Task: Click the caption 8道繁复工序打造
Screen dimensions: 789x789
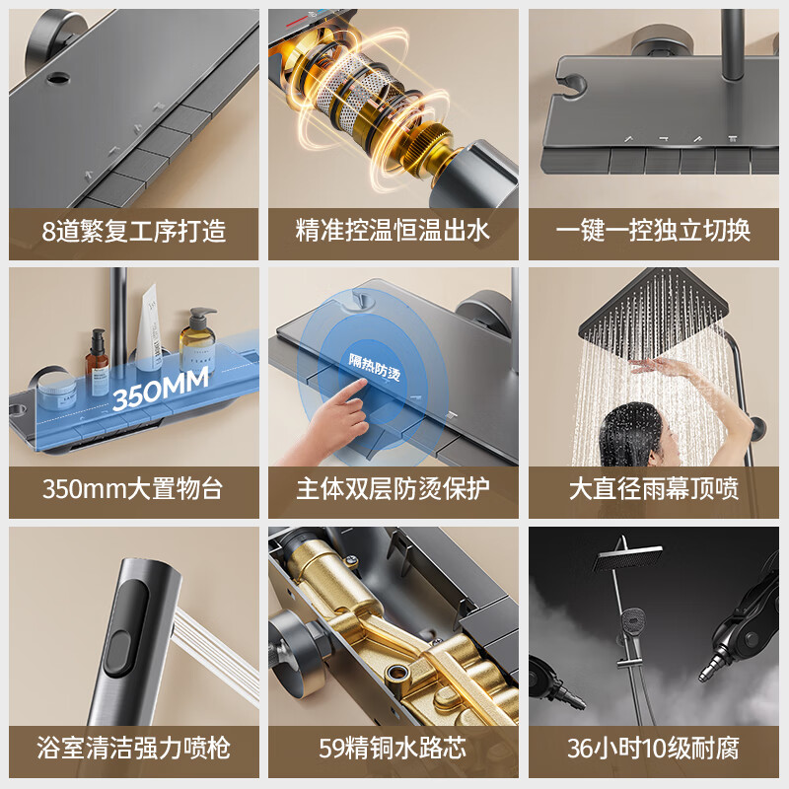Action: tap(134, 231)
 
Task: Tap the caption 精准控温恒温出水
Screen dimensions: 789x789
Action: tap(393, 231)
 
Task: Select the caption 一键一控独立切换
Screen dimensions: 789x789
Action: tap(653, 231)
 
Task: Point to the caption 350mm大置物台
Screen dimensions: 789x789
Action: tap(133, 489)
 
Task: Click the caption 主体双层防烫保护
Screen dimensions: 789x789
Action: tap(393, 489)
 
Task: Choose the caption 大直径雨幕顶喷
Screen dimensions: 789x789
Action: tap(654, 489)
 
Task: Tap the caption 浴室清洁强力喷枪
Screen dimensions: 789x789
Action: tap(134, 748)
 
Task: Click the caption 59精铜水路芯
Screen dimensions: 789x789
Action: tap(393, 748)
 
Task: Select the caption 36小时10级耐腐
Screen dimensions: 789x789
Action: tap(653, 748)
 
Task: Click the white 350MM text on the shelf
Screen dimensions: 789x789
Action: tap(160, 388)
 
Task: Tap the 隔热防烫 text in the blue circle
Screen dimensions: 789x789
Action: tap(375, 367)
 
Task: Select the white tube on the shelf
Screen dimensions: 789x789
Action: tap(149, 327)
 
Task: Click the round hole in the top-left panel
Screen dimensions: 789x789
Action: tap(58, 78)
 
